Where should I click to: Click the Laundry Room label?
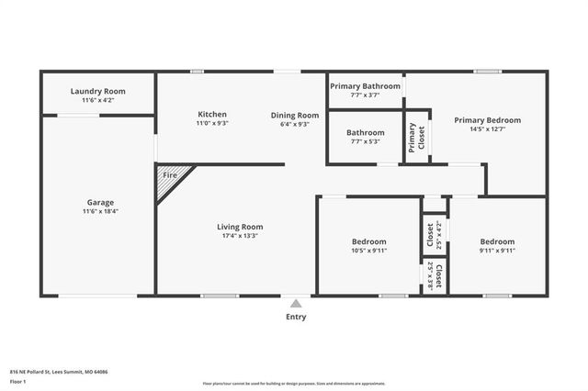point(97,92)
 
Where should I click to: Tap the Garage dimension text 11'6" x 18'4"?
point(100,212)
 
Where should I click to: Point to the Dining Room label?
point(294,115)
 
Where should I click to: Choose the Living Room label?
point(240,227)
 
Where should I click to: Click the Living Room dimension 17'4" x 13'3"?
point(240,236)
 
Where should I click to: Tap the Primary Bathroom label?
point(365,85)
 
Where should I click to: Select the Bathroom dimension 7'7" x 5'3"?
point(365,141)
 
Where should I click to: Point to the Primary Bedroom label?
point(487,120)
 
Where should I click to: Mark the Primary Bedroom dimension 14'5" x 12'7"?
point(487,129)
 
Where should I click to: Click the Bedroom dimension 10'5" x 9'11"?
point(369,251)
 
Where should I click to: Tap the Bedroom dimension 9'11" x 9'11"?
point(497,251)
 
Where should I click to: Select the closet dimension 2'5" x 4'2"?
point(440,236)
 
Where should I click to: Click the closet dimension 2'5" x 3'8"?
point(431,276)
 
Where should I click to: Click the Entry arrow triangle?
point(295,302)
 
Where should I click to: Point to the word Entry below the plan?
point(295,318)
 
